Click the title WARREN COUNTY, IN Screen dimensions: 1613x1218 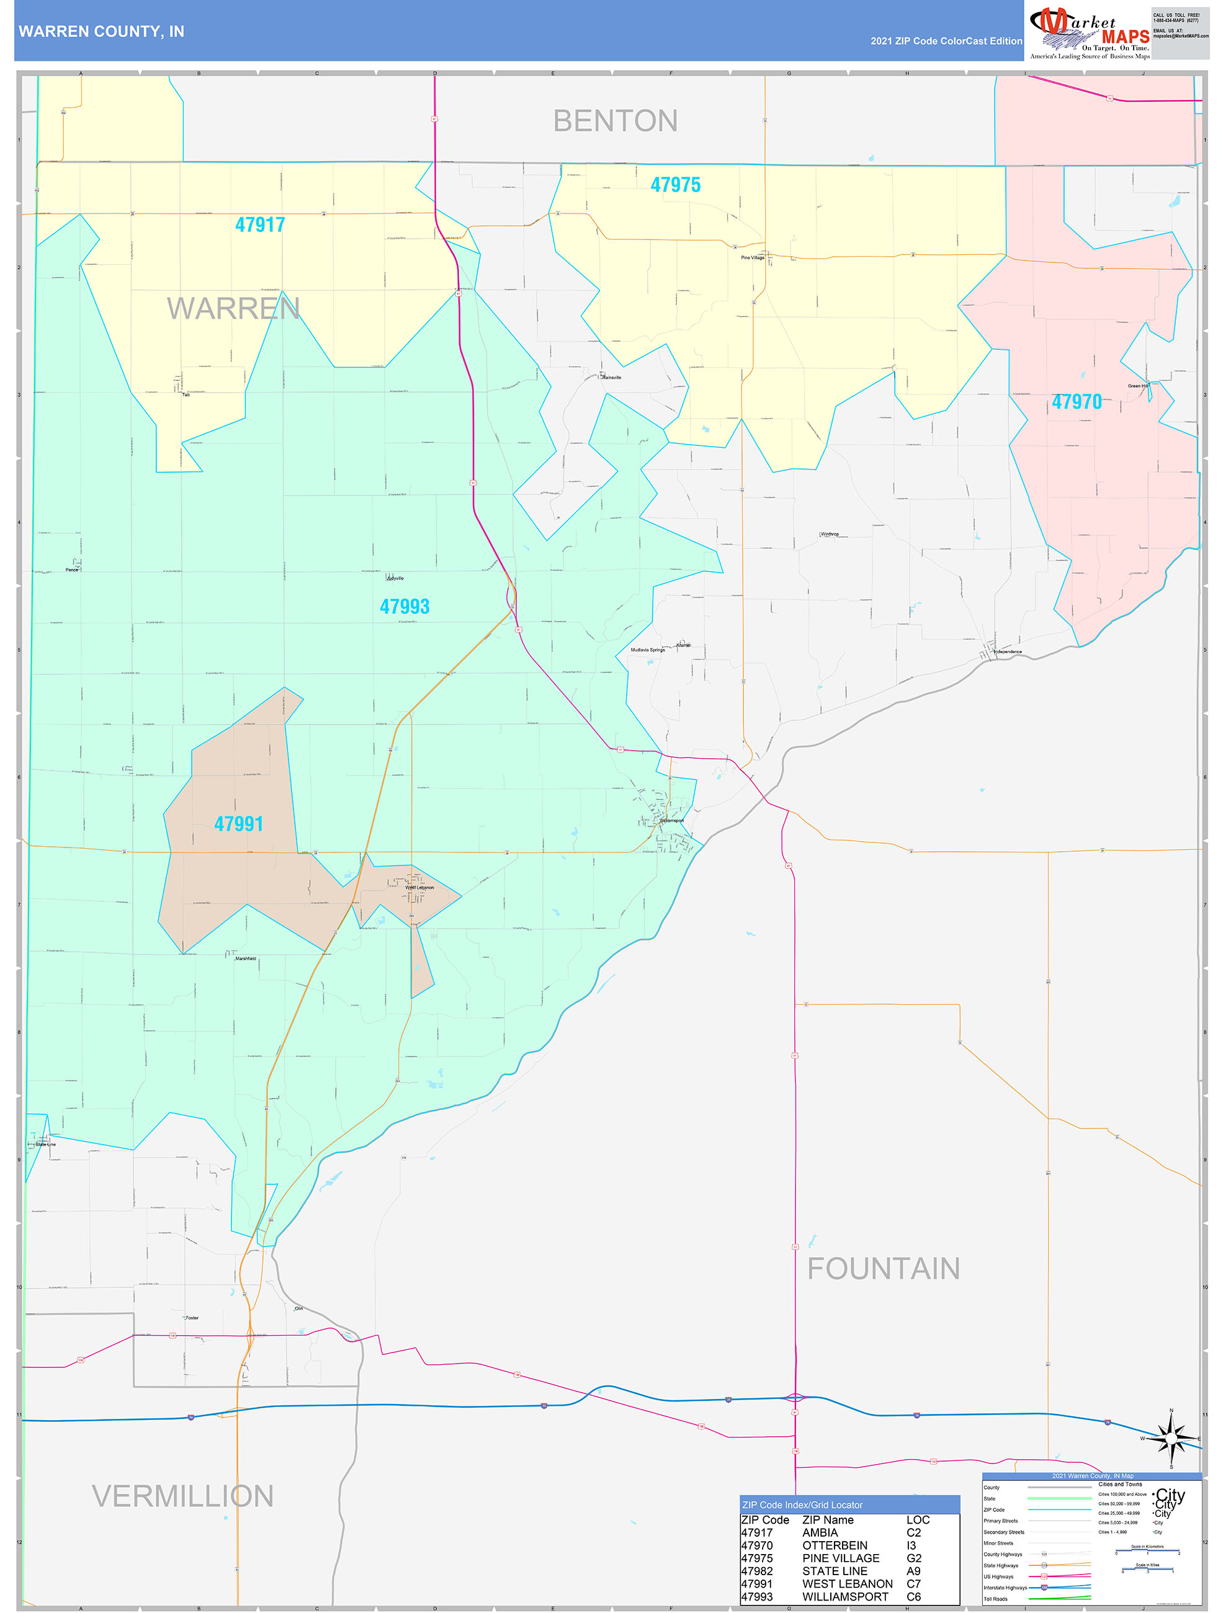point(101,32)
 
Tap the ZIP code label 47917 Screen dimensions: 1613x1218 point(259,225)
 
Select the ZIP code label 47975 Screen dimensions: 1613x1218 point(675,185)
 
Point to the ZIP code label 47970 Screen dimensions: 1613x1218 point(1077,402)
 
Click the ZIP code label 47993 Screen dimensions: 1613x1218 point(405,607)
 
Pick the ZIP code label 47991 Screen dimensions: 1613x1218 point(238,824)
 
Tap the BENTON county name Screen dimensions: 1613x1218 point(615,121)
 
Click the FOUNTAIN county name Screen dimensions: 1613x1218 point(883,1268)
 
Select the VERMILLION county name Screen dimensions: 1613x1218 point(182,1496)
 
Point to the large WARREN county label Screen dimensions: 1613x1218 point(233,308)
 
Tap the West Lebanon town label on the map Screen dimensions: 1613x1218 point(420,887)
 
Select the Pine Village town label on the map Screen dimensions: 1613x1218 point(752,257)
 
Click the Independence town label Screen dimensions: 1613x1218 point(1007,651)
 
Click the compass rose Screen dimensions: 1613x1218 point(1171,1439)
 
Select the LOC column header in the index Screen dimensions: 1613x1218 point(918,1520)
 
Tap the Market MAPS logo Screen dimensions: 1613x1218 point(1089,32)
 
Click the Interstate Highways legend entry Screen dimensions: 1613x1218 point(1005,1588)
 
